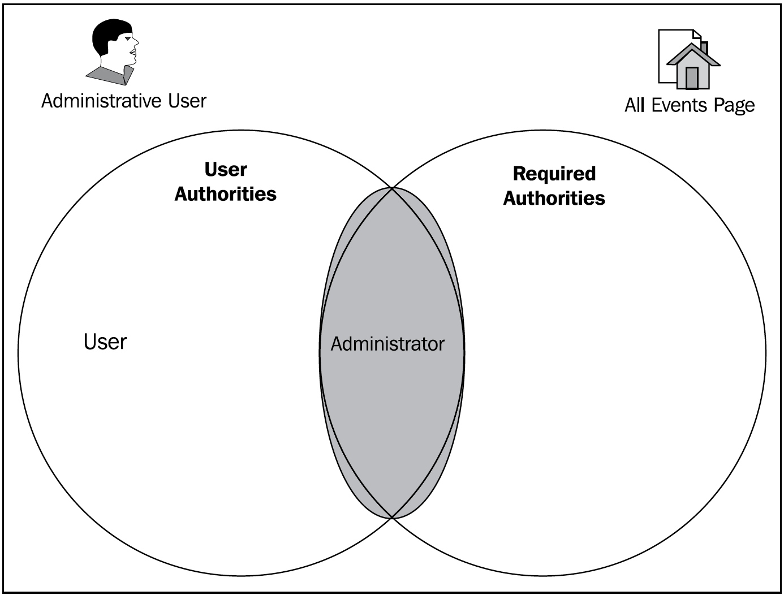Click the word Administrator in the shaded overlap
pos(387,344)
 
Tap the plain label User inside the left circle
pos(105,342)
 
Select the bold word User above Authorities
pos(225,169)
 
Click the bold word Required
pos(554,174)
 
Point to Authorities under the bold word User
pos(225,194)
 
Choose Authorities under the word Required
pos(554,198)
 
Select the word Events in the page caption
pos(679,105)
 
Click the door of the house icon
pos(692,78)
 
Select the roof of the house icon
pos(693,55)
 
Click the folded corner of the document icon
pos(697,34)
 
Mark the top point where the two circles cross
pos(392,188)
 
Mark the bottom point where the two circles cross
pos(392,517)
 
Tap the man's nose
pos(136,42)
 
